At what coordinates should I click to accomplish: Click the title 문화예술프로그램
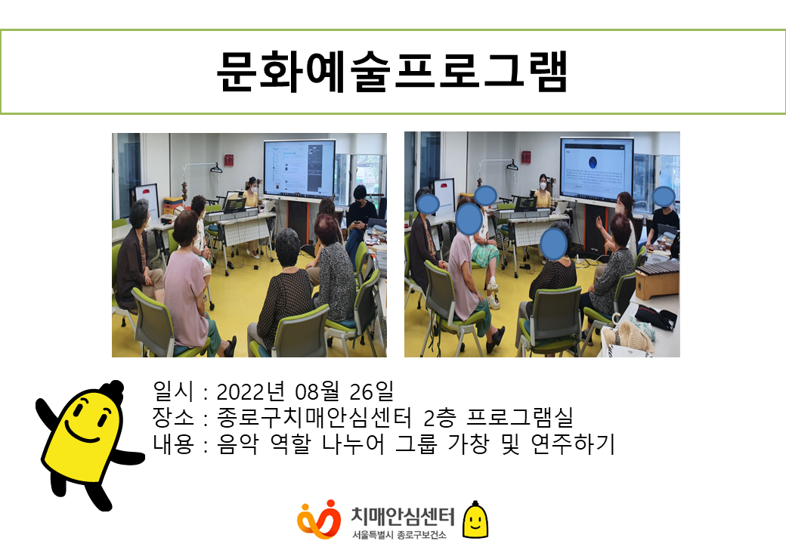[392, 72]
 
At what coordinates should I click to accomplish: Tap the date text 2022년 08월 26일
[305, 391]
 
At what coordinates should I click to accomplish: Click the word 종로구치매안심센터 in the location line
[314, 417]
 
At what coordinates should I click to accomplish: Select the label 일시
[172, 391]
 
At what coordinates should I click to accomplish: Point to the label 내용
[173, 444]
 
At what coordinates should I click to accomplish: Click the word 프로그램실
[519, 417]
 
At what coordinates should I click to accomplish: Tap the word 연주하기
[572, 444]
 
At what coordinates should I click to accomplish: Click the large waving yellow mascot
[86, 444]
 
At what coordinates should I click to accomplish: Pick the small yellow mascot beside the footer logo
[475, 519]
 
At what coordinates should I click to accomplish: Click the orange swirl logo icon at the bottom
[319, 519]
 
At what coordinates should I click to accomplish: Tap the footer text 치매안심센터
[403, 516]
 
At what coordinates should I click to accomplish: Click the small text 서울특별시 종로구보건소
[398, 534]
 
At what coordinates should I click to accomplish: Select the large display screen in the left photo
[300, 168]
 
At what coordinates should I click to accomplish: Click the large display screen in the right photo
[596, 169]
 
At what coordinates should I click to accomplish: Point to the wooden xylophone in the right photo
[657, 280]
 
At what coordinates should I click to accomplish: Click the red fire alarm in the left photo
[228, 159]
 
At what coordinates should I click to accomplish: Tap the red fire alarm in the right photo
[526, 156]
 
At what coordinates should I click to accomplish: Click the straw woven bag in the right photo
[629, 338]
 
